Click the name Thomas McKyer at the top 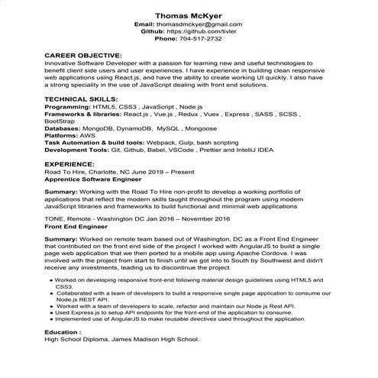(189, 15)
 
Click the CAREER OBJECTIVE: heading (82, 56)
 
